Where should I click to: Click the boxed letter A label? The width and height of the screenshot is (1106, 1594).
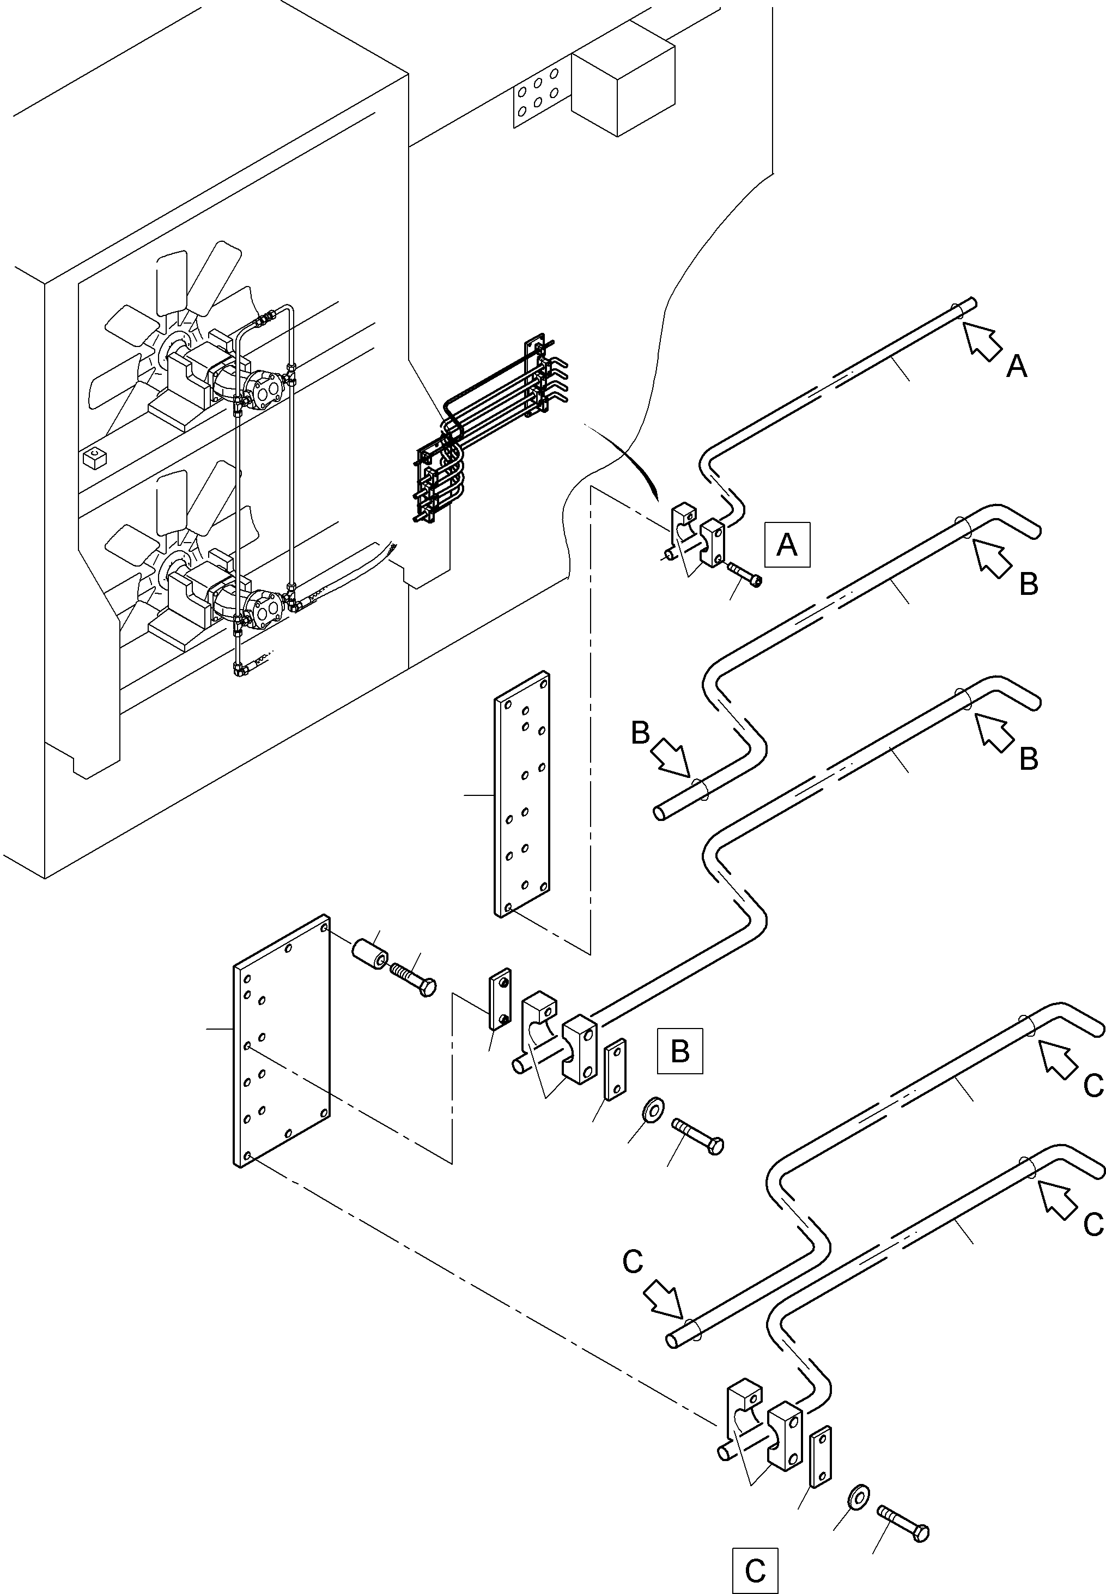tap(787, 545)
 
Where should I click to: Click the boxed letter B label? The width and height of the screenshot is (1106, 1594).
tap(680, 1051)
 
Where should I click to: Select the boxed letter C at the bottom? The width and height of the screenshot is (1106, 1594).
tap(755, 1569)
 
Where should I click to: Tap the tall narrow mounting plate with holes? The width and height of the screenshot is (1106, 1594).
tap(522, 795)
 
